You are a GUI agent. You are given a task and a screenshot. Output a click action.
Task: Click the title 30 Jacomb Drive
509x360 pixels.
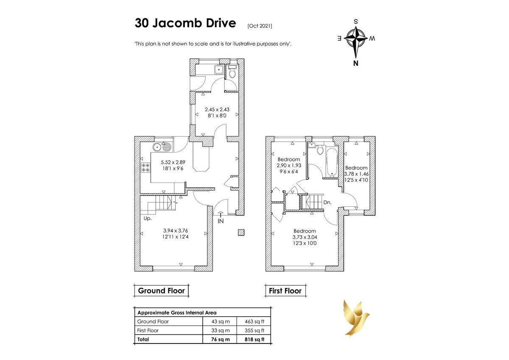coord(185,23)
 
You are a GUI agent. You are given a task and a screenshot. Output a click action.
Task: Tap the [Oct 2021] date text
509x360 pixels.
coord(260,26)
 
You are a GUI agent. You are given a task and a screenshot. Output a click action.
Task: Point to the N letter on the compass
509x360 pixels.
coord(356,63)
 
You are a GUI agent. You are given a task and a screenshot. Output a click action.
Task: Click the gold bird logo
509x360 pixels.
coord(356,318)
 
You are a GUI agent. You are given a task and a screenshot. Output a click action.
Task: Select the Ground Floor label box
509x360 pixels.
coord(161,291)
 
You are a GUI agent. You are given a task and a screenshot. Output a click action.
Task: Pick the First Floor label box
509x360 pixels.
coord(285,291)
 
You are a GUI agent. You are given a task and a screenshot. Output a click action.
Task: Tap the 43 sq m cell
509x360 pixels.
coord(221,321)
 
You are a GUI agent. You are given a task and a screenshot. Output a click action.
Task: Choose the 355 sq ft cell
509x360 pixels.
coord(255,330)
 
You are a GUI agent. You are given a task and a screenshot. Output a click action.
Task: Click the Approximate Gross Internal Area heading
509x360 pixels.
coord(177,313)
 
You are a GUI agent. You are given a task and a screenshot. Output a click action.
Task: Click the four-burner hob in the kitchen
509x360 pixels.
coord(145,167)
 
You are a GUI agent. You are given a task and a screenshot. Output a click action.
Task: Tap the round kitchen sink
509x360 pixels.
coord(157,147)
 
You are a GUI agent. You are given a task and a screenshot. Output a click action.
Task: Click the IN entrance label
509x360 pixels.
coord(221,221)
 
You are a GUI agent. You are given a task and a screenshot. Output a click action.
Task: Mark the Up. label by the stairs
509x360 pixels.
coord(148,218)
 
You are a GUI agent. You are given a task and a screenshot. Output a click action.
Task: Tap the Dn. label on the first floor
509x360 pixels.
coord(327,202)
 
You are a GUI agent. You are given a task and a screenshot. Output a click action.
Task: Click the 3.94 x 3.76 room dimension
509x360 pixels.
coord(176,231)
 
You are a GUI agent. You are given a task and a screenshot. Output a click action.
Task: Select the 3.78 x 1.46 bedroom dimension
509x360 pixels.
coord(356,174)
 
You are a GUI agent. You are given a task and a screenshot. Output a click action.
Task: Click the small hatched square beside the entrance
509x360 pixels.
coord(241,232)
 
